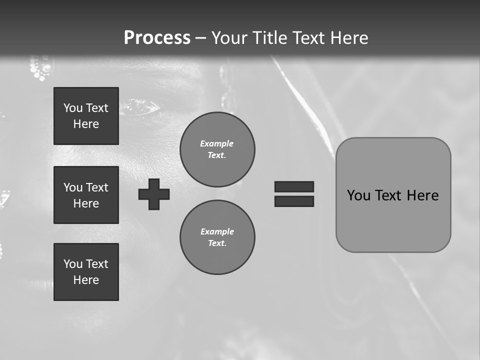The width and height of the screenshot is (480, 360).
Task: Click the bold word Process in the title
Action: tap(157, 38)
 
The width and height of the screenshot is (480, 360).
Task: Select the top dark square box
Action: tap(86, 116)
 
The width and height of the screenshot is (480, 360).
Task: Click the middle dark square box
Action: tap(86, 195)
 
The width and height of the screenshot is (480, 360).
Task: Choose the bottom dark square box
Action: tap(86, 272)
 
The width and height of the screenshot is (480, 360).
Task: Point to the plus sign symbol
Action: tap(154, 194)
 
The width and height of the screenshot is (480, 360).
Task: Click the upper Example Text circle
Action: tap(217, 149)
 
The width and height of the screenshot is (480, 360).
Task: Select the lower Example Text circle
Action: tap(217, 237)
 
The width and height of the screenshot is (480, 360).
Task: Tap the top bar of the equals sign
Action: tap(294, 186)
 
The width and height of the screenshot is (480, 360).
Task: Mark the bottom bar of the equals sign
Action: tap(294, 201)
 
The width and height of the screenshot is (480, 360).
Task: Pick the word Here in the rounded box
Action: tap(423, 195)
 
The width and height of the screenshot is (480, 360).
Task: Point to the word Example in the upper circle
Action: tap(217, 143)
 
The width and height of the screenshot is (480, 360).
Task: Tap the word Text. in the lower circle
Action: tap(217, 243)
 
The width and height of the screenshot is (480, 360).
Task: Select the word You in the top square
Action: tap(73, 108)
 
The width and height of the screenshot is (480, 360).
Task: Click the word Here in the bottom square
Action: tap(86, 280)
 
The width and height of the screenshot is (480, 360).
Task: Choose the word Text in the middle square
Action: tap(97, 187)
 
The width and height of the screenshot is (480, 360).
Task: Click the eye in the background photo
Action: tap(143, 105)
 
